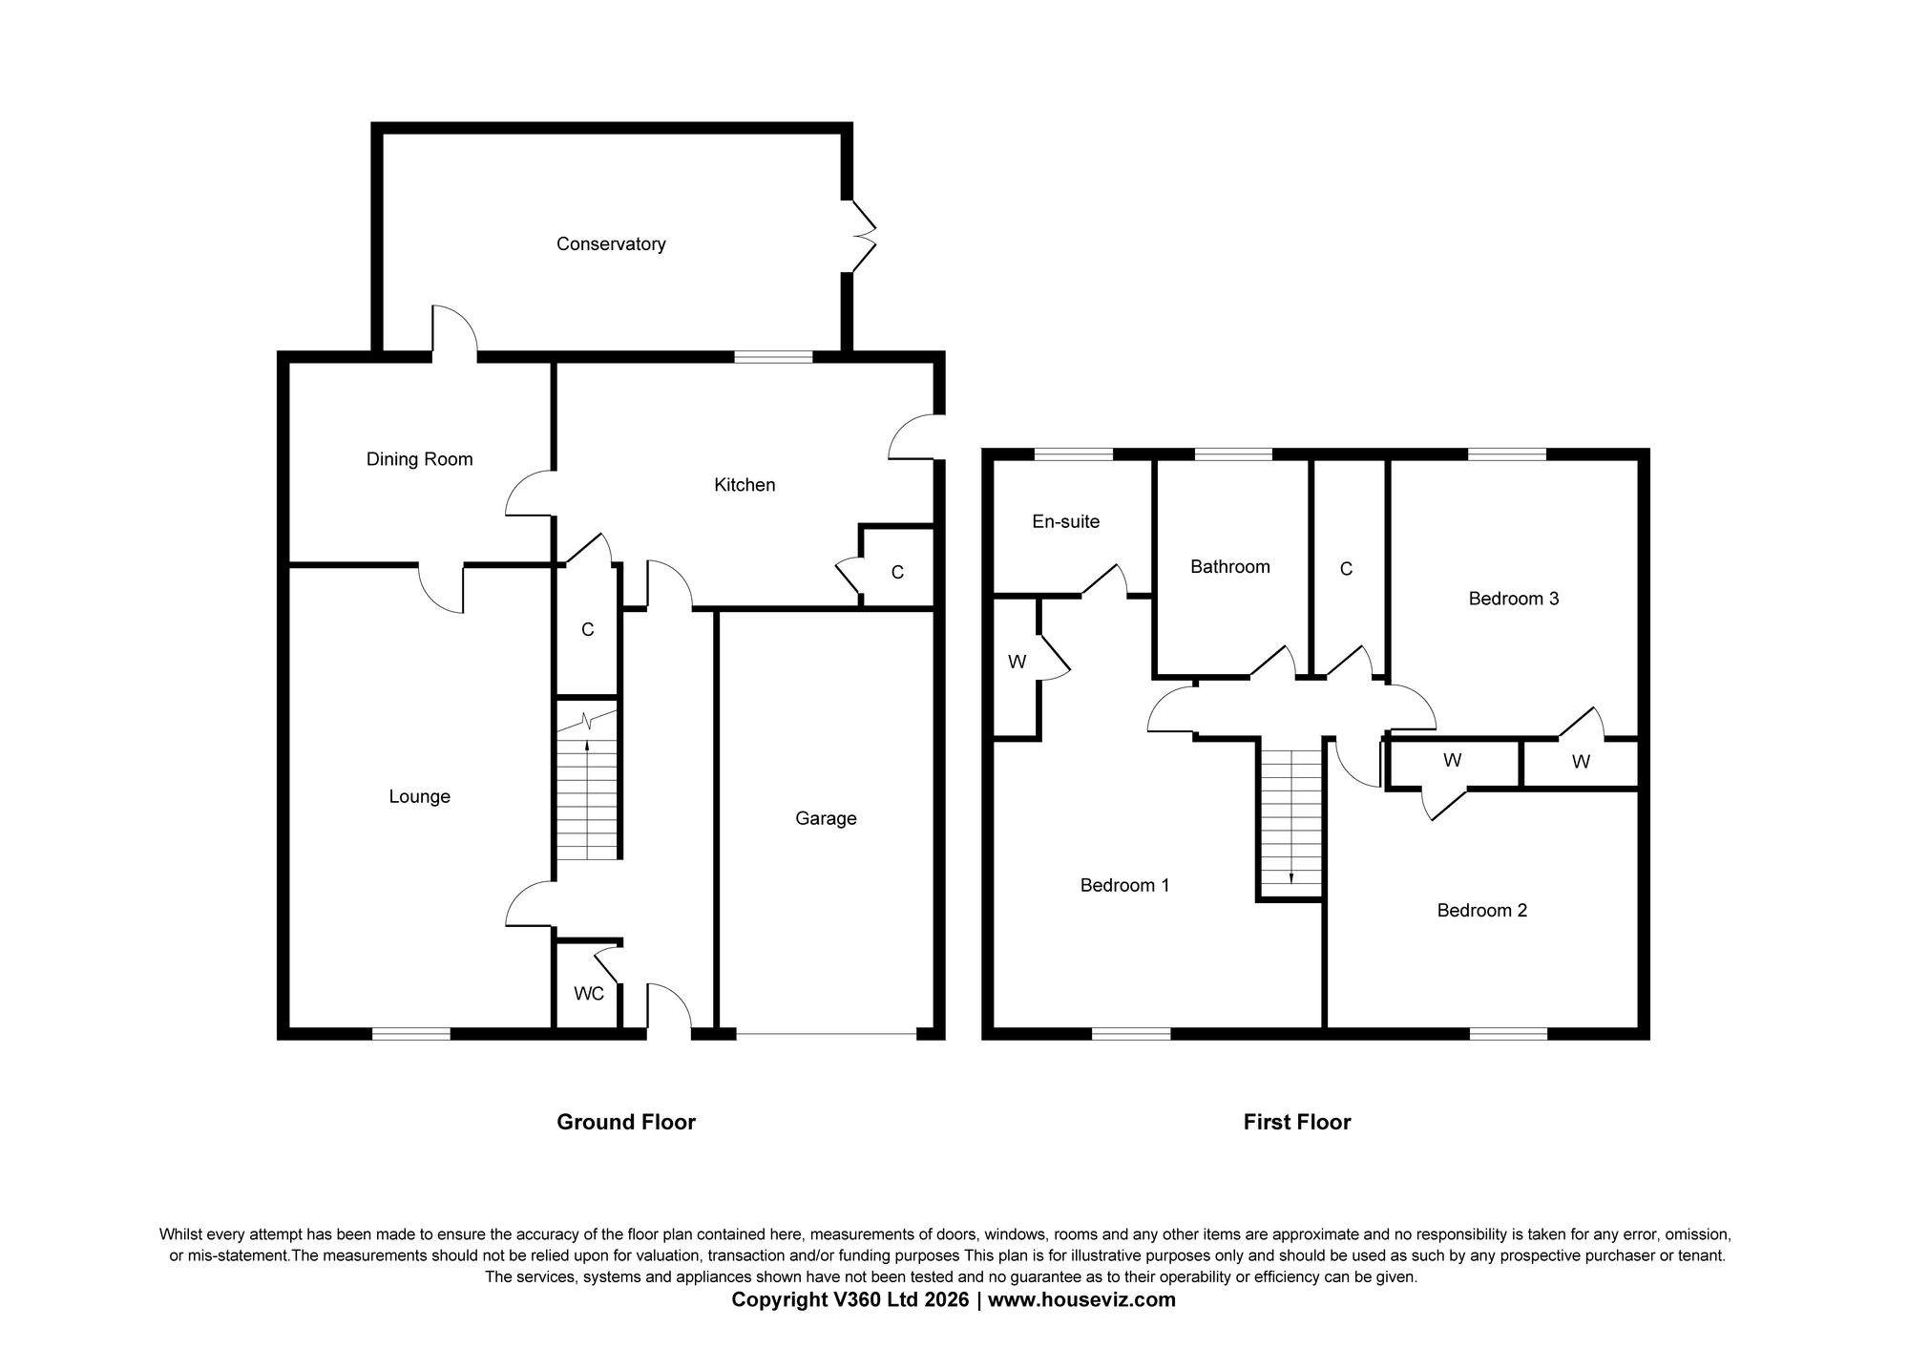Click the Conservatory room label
pyautogui.click(x=611, y=244)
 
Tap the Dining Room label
pyautogui.click(x=419, y=459)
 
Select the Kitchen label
pyautogui.click(x=745, y=485)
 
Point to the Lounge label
pyautogui.click(x=419, y=797)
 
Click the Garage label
pyautogui.click(x=826, y=818)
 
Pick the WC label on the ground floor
pyautogui.click(x=589, y=994)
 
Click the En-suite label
pyautogui.click(x=1065, y=521)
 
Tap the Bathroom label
pyautogui.click(x=1229, y=567)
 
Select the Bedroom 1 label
pyautogui.click(x=1124, y=886)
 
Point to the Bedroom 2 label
pyautogui.click(x=1481, y=911)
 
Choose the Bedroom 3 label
pyautogui.click(x=1513, y=599)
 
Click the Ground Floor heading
pyautogui.click(x=626, y=1123)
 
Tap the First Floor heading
pyautogui.click(x=1296, y=1123)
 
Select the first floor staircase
pyautogui.click(x=1290, y=819)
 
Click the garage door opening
pyautogui.click(x=826, y=1033)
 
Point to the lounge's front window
pyautogui.click(x=410, y=1033)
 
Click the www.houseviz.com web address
pyautogui.click(x=1081, y=1300)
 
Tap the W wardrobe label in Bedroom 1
pyautogui.click(x=1017, y=662)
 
